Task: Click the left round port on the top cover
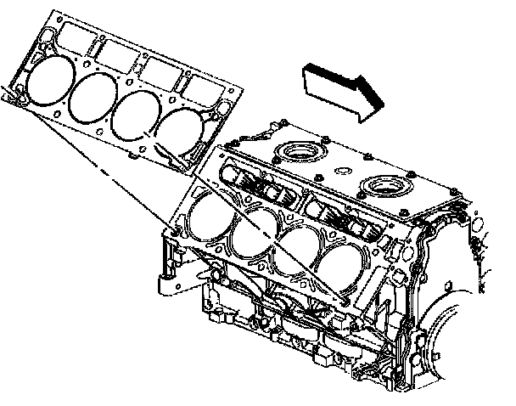point(299,152)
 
